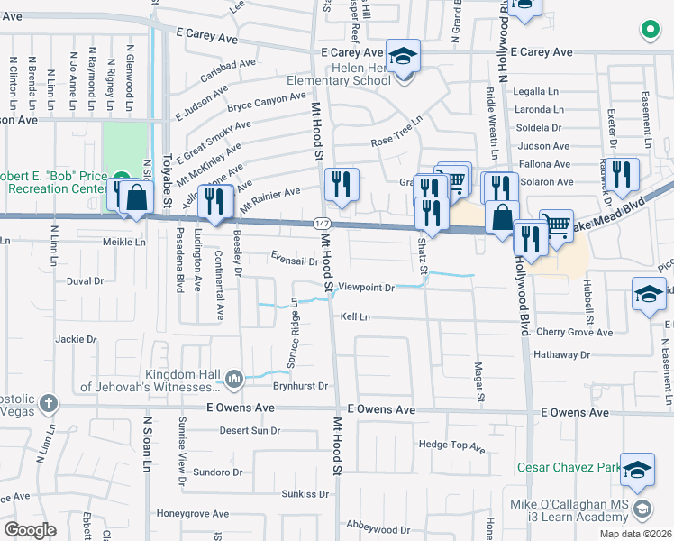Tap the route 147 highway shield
point(321,223)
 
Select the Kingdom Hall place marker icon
point(233,378)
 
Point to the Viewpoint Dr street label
point(367,288)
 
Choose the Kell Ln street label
point(355,317)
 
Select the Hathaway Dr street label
point(586,354)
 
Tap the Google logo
point(30,529)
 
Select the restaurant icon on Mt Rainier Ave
point(342,186)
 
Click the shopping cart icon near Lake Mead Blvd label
point(557,226)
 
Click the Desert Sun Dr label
point(250,430)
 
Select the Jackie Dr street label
point(76,339)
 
